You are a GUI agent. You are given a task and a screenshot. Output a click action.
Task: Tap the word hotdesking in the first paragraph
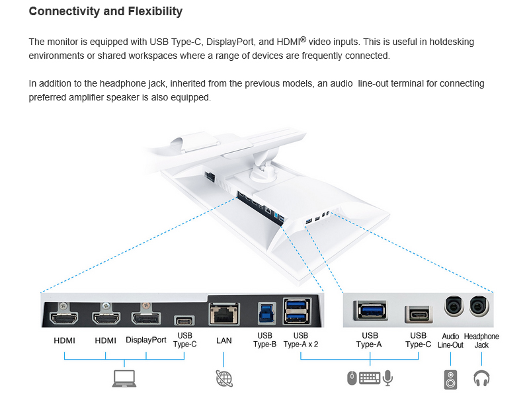click(x=452, y=42)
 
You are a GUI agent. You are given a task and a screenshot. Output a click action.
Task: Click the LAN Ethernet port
click(x=224, y=313)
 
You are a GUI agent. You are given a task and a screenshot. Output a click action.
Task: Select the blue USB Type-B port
click(x=266, y=313)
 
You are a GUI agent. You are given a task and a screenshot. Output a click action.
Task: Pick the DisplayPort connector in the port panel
click(x=146, y=318)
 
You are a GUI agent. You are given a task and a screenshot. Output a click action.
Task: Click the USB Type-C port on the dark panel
click(x=184, y=320)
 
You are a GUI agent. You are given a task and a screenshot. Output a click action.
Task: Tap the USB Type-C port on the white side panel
click(x=419, y=314)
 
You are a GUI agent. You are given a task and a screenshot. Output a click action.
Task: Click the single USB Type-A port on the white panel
click(x=370, y=310)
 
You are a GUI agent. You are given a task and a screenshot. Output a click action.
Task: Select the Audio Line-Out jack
click(x=454, y=305)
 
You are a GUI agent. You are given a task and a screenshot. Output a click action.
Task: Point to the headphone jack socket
click(x=479, y=305)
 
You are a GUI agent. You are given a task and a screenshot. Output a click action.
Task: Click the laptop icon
click(x=124, y=378)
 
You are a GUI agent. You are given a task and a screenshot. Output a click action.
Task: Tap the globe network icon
click(x=224, y=378)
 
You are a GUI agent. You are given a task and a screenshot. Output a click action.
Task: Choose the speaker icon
click(x=450, y=380)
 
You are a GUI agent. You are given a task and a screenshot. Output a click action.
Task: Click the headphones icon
click(x=481, y=378)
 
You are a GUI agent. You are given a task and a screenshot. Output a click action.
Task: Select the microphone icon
click(x=388, y=377)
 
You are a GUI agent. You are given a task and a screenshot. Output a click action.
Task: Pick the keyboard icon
click(x=370, y=377)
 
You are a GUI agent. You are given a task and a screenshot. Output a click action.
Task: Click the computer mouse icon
click(x=352, y=378)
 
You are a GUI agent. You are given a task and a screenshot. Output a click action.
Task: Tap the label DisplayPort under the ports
click(x=145, y=340)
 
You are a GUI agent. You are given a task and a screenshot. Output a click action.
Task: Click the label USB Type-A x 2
click(x=301, y=340)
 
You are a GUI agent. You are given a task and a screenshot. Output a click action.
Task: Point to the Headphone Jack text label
click(x=481, y=340)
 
